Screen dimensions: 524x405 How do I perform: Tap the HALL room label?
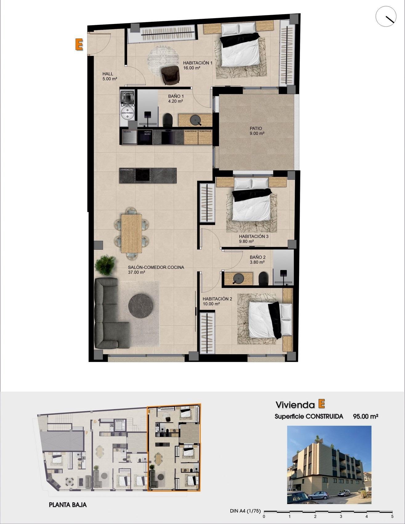pyautogui.click(x=108, y=74)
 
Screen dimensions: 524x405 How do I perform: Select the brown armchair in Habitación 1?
pyautogui.click(x=170, y=75)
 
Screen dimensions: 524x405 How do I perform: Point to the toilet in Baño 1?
pyautogui.click(x=168, y=120)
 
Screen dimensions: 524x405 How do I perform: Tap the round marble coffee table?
pyautogui.click(x=140, y=306)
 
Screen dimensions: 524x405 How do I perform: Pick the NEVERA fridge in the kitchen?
pyautogui.click(x=129, y=137)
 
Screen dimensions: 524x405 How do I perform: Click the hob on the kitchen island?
pyautogui.click(x=143, y=176)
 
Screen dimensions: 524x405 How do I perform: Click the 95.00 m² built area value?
pyautogui.click(x=365, y=416)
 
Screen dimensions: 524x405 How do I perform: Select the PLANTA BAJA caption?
pyautogui.click(x=68, y=505)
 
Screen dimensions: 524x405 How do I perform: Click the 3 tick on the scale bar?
pyautogui.click(x=341, y=516)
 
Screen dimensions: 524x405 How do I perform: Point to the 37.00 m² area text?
pyautogui.click(x=136, y=272)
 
